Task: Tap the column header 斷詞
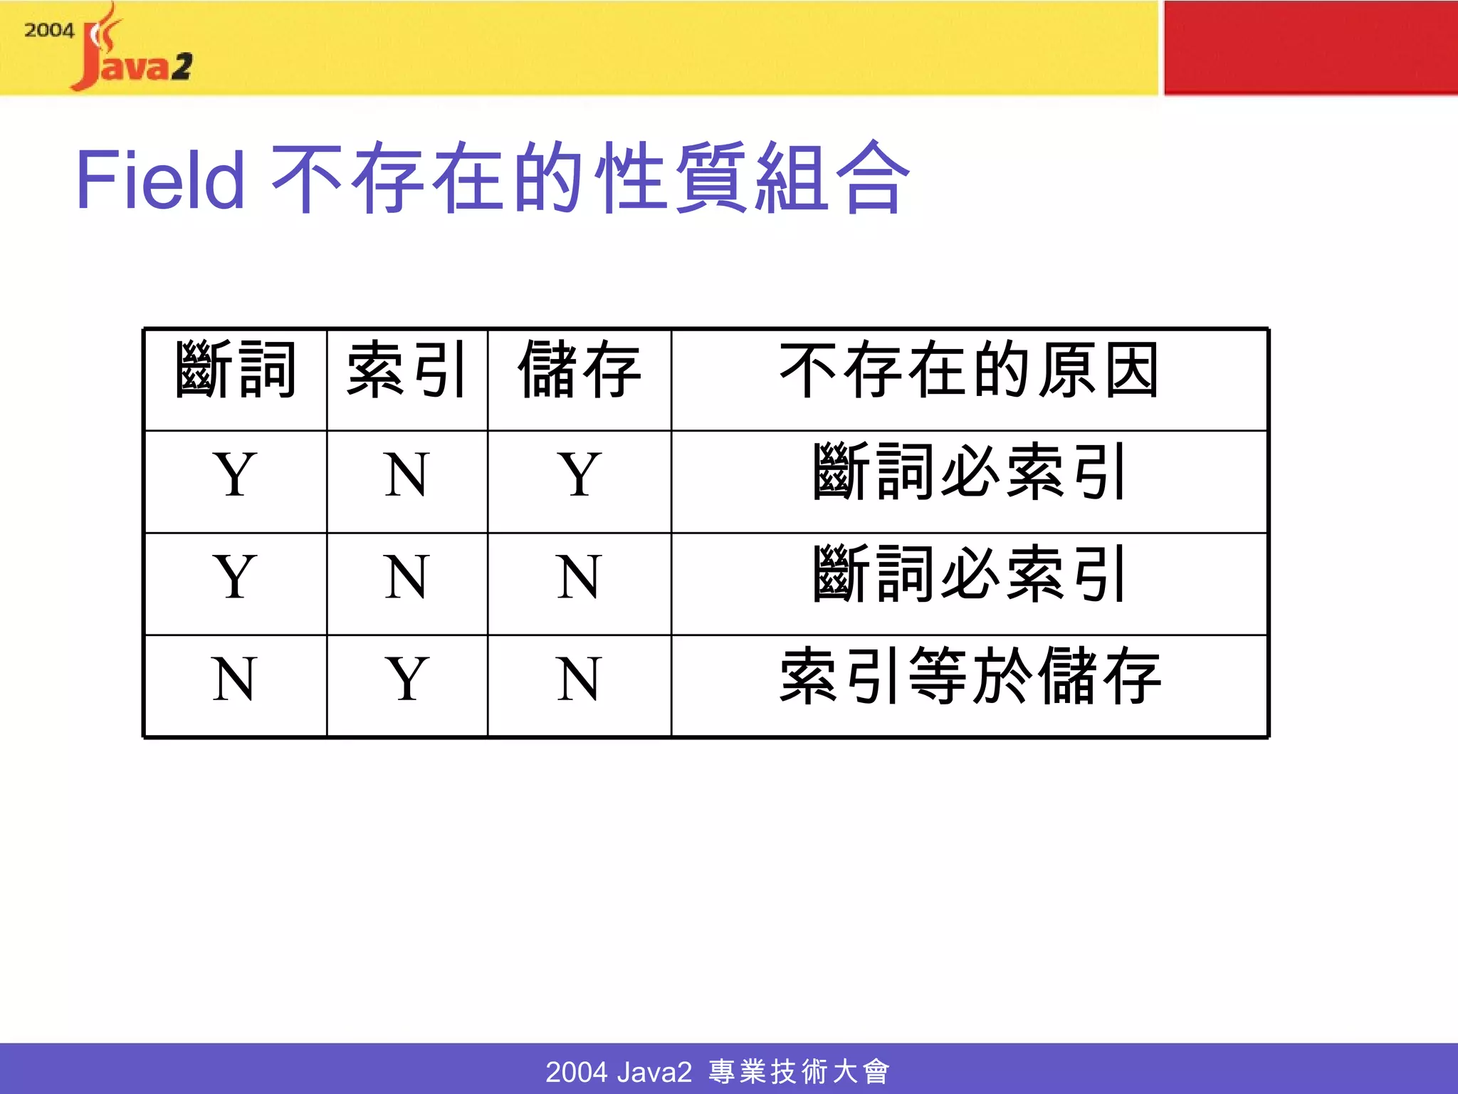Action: coord(235,370)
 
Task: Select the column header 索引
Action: coord(407,370)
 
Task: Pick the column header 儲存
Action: coord(579,370)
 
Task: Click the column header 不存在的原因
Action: coord(969,370)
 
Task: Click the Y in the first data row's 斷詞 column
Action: coord(234,474)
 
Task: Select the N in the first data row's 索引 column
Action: coord(407,474)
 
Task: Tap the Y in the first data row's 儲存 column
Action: coord(579,474)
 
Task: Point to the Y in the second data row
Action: coord(234,577)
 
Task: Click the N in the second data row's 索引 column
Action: coord(407,577)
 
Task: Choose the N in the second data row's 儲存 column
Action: coord(579,577)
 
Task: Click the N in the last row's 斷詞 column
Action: coord(234,679)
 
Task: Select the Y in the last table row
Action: coord(407,679)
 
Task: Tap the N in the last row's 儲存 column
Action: coord(579,679)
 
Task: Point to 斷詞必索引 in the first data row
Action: coord(970,473)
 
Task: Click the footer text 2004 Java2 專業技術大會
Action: coord(718,1071)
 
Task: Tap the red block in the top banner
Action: coord(1310,47)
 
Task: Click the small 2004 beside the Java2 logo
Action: coord(49,31)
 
